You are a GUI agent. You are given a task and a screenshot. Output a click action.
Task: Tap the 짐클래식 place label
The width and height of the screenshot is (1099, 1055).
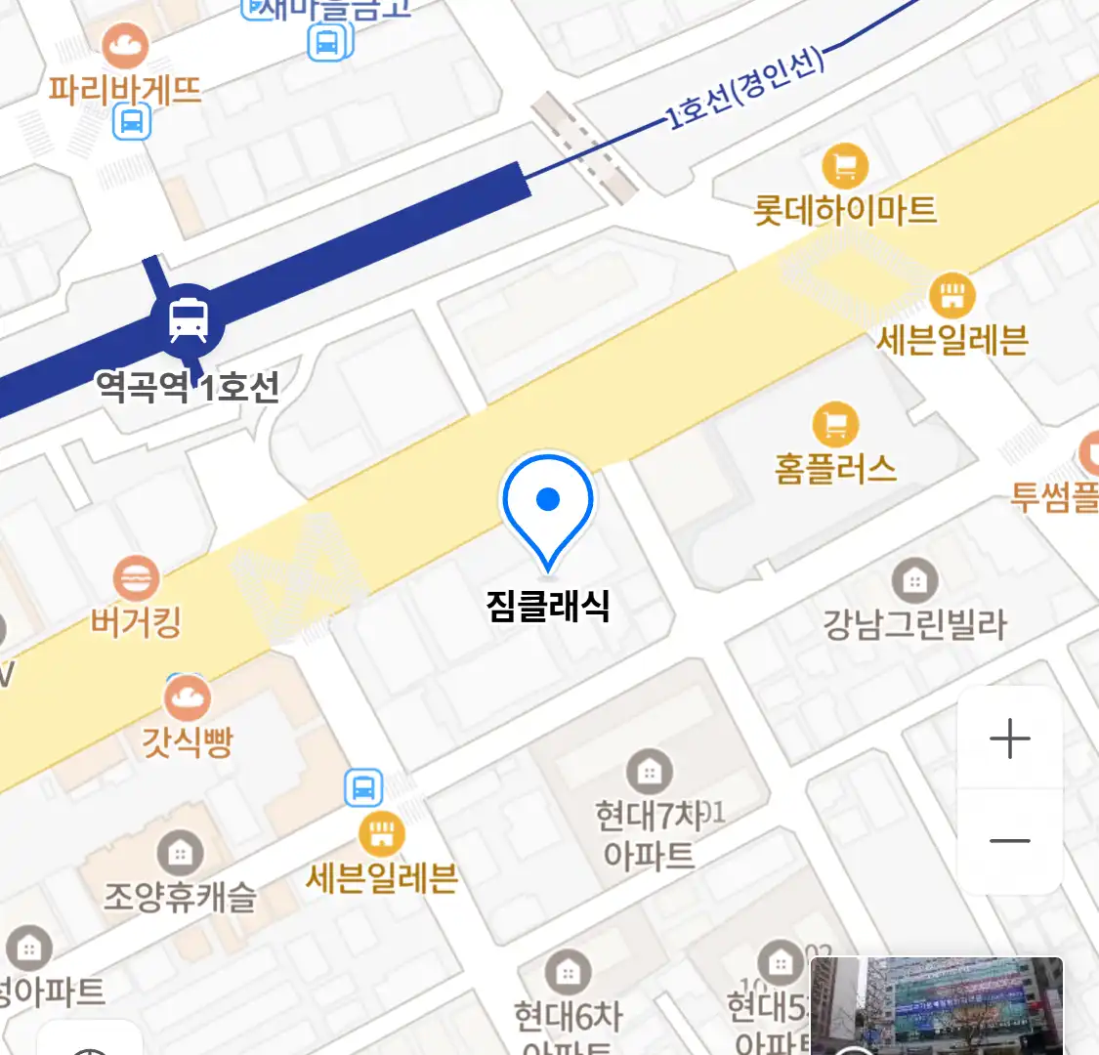tap(548, 606)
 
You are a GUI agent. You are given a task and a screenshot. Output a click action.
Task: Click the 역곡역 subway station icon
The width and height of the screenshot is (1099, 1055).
tap(189, 318)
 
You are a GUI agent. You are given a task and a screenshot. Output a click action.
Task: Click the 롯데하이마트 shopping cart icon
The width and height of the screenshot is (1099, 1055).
tap(845, 166)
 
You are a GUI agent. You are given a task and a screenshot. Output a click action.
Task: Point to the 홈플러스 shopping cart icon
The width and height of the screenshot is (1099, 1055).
tap(835, 425)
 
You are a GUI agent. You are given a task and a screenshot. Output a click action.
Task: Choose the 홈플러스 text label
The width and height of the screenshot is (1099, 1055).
tap(835, 469)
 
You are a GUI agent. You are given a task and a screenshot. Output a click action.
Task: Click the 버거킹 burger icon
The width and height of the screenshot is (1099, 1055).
tap(136, 578)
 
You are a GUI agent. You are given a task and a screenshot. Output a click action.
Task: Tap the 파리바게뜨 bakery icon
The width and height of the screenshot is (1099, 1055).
tap(125, 45)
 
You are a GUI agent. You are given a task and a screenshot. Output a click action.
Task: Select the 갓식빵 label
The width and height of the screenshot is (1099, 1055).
tap(188, 740)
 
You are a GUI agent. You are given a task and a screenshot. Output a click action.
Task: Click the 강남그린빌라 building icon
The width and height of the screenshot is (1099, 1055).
tap(914, 581)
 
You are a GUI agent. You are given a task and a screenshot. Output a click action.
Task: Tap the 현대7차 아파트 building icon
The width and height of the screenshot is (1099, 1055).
tap(649, 772)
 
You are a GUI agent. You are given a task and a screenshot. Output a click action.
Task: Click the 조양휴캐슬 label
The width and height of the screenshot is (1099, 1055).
tap(180, 896)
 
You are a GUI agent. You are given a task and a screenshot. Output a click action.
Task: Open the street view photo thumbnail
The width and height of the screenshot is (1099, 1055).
tap(937, 1006)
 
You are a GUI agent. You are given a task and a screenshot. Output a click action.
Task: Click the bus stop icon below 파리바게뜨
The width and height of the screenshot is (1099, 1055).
tap(132, 122)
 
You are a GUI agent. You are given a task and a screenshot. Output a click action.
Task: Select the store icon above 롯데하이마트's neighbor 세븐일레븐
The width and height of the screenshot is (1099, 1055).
tap(951, 294)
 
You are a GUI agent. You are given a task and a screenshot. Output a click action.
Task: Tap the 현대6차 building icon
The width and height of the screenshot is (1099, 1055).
tap(568, 973)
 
